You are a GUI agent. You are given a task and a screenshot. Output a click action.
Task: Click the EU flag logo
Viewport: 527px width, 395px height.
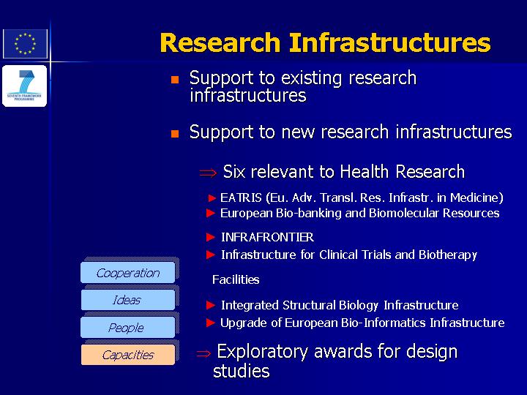tap(25, 44)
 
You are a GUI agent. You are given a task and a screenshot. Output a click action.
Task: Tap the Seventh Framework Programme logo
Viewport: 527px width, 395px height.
tap(25, 86)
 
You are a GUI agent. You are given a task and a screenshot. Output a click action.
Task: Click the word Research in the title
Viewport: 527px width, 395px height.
tap(220, 42)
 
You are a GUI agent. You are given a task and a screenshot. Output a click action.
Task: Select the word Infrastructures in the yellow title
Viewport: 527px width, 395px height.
tap(390, 42)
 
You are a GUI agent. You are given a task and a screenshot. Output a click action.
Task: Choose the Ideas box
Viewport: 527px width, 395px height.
tap(127, 300)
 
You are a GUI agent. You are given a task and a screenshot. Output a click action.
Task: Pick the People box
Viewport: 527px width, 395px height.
tap(127, 328)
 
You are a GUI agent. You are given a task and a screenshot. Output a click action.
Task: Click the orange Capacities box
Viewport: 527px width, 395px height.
tap(127, 355)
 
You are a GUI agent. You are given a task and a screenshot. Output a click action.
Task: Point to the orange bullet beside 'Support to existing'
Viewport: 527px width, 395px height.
tap(175, 80)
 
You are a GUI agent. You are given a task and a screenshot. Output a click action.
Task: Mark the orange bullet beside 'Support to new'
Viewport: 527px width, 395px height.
tap(175, 134)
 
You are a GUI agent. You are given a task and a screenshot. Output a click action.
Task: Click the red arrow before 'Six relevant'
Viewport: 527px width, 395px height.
tap(208, 173)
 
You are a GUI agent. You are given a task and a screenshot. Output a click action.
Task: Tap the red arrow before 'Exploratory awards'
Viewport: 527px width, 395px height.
tap(203, 353)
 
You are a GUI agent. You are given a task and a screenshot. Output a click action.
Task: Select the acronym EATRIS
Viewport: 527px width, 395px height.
tap(241, 197)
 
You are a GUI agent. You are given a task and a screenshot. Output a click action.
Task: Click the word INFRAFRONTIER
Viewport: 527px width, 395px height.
tap(268, 237)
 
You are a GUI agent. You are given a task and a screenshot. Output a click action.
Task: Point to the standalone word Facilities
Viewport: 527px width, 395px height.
tap(236, 279)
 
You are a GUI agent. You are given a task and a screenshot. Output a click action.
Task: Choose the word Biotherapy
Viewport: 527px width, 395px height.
tap(448, 255)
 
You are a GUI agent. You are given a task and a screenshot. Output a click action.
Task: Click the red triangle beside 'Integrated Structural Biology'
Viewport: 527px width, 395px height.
tap(211, 305)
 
